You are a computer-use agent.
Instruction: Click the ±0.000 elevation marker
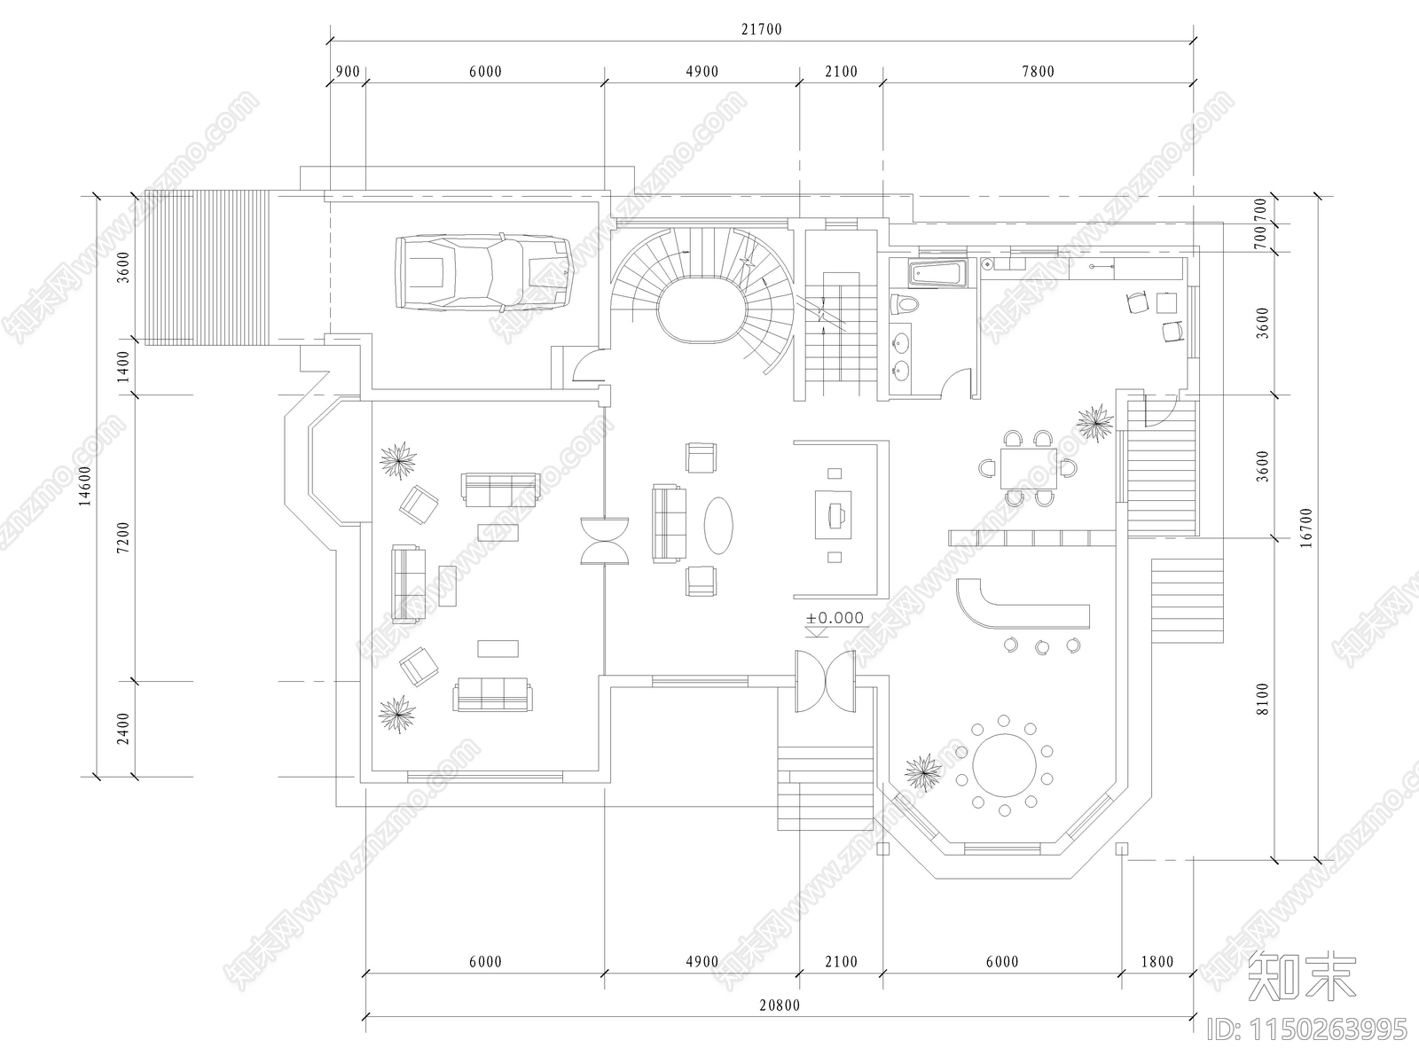tap(835, 618)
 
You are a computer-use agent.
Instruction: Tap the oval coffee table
tap(718, 525)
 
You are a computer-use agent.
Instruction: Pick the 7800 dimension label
tap(1038, 72)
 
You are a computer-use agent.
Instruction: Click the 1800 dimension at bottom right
tap(1156, 962)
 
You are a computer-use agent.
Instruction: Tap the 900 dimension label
tap(348, 72)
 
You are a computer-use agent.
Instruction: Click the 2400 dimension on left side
tap(124, 729)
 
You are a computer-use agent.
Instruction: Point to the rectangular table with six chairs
tap(1027, 468)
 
